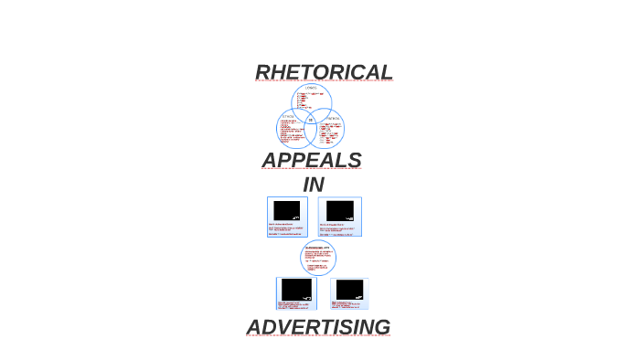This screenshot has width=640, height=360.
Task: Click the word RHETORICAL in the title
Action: point(324,72)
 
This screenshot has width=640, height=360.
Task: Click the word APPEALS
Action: point(312,161)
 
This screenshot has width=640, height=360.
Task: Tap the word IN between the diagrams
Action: point(314,185)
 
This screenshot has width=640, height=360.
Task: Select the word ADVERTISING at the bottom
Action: point(318,327)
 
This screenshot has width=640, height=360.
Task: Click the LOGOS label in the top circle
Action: point(312,88)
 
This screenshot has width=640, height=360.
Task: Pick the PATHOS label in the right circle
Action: point(332,117)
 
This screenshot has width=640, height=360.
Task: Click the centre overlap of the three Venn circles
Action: point(311,120)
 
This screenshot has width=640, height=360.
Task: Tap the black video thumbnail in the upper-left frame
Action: point(287,210)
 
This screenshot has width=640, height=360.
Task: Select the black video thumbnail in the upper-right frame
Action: point(339,210)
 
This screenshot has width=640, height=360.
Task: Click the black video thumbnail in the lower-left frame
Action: point(296,289)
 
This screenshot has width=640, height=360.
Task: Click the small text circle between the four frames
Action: point(317,258)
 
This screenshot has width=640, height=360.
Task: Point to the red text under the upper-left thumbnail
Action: point(287,229)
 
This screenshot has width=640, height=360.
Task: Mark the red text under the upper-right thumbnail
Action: point(339,229)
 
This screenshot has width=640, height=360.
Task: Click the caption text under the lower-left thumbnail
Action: point(296,304)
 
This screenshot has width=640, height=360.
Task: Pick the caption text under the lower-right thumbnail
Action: point(348,305)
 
